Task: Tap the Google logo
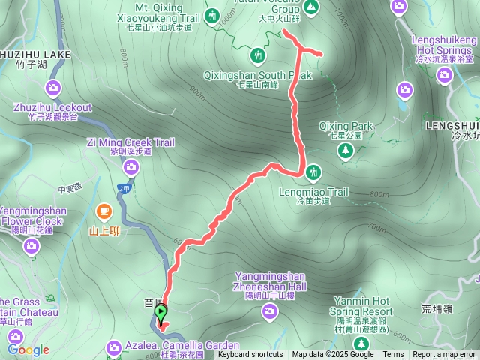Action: [x=28, y=349]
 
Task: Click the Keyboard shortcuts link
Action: [x=250, y=355]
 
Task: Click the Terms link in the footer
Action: [x=393, y=355]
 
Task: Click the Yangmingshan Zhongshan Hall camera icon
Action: [x=271, y=310]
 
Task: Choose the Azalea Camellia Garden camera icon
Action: [x=113, y=346]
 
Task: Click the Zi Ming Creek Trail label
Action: [x=130, y=142]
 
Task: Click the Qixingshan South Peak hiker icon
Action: [x=258, y=55]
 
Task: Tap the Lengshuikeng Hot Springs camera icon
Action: [x=445, y=74]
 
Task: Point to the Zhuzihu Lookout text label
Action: [x=52, y=108]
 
